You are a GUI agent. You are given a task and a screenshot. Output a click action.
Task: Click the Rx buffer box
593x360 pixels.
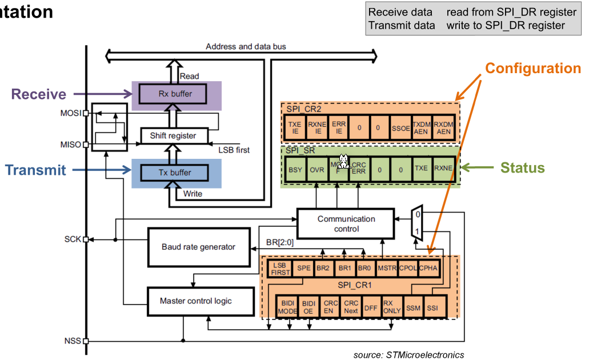pos(175,94)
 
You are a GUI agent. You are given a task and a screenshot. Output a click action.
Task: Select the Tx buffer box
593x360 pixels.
pos(175,173)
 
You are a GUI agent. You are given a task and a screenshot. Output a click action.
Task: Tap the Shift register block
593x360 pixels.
pos(173,135)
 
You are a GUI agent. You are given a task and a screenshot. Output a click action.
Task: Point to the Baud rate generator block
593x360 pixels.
pos(198,247)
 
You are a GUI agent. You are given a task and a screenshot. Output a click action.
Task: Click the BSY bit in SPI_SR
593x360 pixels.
pos(295,169)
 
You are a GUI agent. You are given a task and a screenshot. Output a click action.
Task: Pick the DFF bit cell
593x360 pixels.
pos(371,308)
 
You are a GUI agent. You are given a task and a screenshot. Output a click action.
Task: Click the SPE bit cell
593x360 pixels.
pos(304,267)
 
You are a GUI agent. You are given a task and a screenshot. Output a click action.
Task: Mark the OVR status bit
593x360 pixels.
pos(317,169)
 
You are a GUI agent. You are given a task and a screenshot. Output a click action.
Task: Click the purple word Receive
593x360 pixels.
pos(39,94)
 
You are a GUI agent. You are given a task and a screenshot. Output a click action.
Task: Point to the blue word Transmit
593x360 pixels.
pos(35,170)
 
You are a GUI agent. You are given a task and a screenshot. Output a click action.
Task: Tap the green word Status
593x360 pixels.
pos(522,168)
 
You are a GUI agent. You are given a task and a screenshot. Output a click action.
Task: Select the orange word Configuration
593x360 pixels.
pos(532,69)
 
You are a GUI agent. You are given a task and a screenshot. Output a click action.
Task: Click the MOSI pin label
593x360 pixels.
pos(71,113)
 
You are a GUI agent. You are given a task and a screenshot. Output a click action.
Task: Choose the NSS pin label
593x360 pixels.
pos(73,341)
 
